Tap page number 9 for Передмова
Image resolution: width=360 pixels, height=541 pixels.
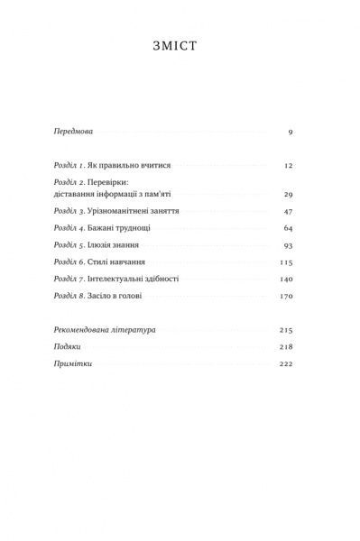tap(291, 132)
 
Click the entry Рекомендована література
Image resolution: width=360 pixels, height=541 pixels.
tap(106, 330)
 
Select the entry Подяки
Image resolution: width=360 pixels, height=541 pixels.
tap(69, 346)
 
